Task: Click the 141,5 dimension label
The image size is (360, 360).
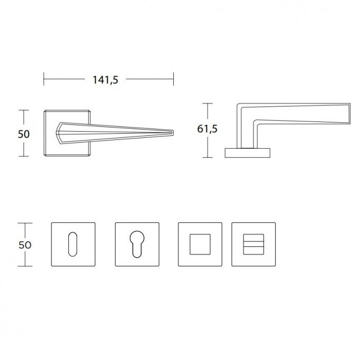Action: (105, 80)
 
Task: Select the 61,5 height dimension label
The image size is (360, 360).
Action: (207, 129)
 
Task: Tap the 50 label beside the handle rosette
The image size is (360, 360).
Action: (24, 134)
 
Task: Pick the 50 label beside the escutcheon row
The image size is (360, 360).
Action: (25, 245)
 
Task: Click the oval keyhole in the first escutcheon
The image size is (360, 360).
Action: (73, 244)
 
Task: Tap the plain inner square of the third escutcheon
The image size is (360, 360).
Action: (200, 244)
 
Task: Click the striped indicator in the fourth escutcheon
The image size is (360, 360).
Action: (254, 244)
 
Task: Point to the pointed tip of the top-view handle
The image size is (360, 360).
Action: (173, 133)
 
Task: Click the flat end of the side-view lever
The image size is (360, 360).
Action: (350, 114)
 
